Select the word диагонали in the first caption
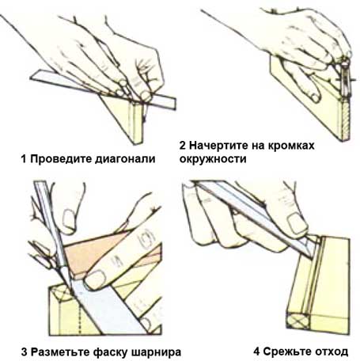[123, 158]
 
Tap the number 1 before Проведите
[25, 158]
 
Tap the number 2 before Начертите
[184, 146]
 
